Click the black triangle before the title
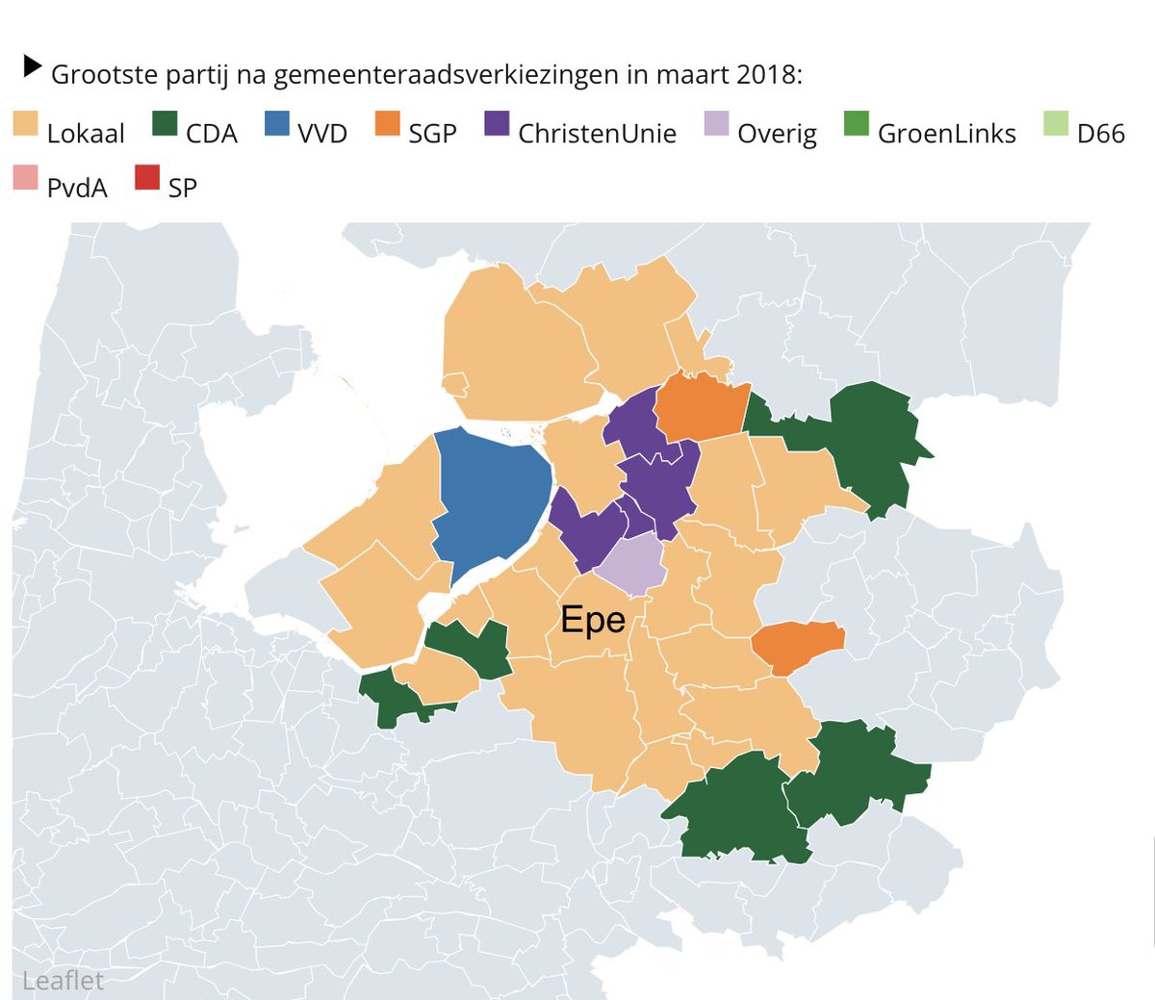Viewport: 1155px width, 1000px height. point(33,66)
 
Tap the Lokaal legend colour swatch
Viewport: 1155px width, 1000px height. point(26,124)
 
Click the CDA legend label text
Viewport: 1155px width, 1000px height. point(212,134)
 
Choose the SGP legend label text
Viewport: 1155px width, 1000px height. point(432,134)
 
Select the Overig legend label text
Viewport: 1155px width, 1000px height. point(777,134)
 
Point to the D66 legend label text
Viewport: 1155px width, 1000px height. point(1101,134)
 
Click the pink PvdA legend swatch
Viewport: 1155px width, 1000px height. point(26,178)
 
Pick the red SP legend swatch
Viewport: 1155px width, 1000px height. point(147,178)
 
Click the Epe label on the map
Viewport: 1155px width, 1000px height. point(593,620)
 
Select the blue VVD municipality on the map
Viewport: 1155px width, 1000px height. point(491,500)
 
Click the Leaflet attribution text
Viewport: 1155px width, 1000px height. point(63,981)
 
